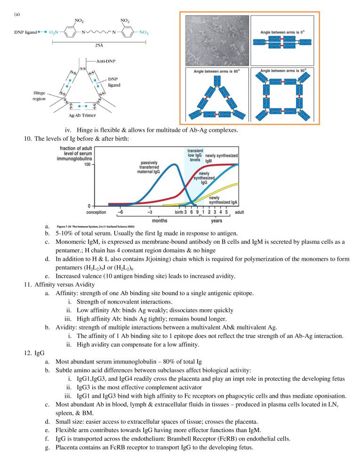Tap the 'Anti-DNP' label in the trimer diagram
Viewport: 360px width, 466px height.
[x=106, y=61]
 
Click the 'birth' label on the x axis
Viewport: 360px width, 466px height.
[x=179, y=212]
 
